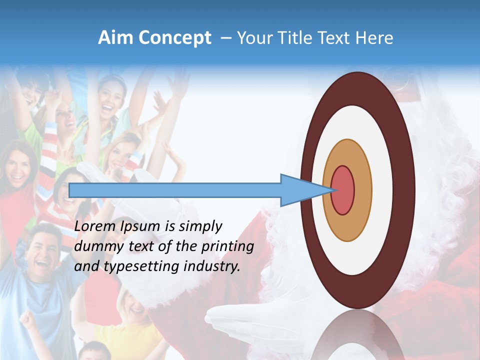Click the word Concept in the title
174,38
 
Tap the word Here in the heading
375,38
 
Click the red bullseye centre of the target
343,190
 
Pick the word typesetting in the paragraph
134,267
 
